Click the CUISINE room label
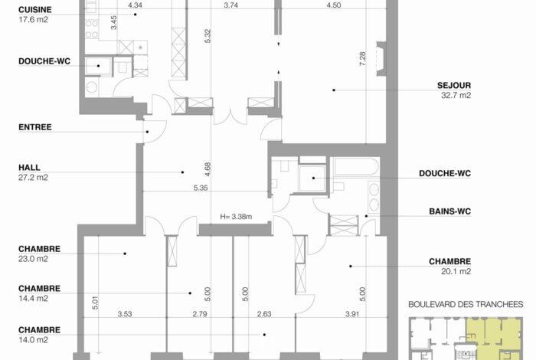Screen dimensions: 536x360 (35, 9)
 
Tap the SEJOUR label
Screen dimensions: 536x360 (454, 85)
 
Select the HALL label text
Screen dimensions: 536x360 (29, 168)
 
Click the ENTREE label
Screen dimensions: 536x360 (35, 127)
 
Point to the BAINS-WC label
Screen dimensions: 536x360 (450, 211)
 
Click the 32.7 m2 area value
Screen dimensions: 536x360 (456, 95)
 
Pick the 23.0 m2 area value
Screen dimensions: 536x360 (33, 259)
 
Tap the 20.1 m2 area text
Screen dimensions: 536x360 (456, 271)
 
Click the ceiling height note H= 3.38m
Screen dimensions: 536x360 (236, 217)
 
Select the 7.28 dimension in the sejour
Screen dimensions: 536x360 (363, 59)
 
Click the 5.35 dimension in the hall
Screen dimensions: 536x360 (201, 188)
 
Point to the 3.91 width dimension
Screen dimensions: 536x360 (352, 314)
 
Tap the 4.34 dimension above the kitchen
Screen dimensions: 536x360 (135, 5)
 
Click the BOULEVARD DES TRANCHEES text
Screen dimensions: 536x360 (466, 304)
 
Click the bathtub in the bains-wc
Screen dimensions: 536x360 (356, 167)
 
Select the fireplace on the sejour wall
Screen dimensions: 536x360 (381, 59)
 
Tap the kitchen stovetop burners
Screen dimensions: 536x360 (92, 29)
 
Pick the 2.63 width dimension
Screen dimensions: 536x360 (264, 314)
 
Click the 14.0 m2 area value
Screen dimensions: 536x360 (33, 340)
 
